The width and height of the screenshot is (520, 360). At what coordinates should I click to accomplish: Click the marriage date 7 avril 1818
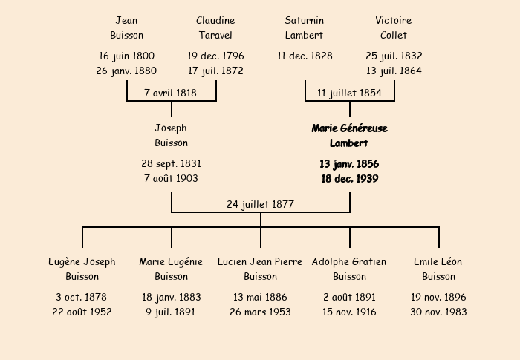point(170,93)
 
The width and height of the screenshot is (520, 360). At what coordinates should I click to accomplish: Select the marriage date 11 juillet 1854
point(349,93)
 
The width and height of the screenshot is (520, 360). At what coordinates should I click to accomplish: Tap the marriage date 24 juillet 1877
point(260,205)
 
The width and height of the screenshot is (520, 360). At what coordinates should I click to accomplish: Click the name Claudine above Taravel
point(215,21)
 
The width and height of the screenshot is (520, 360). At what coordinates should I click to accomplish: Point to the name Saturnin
point(305,21)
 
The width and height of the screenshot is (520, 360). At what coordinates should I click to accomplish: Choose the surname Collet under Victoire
point(394,35)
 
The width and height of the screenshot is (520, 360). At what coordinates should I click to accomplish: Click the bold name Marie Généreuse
point(350,128)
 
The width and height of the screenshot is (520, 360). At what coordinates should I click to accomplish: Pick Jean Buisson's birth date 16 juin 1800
point(126,56)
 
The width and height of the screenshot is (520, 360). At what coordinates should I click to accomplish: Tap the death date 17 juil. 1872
point(215,71)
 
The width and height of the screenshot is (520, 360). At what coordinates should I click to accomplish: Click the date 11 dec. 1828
point(305,56)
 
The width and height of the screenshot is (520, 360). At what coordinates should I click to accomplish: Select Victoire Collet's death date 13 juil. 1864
point(394,71)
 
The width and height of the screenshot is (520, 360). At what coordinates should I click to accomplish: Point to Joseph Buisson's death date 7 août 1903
point(171,179)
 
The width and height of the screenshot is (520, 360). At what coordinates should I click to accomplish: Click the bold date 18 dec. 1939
point(350,179)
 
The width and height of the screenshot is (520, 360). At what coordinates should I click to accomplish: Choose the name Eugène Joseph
point(82,262)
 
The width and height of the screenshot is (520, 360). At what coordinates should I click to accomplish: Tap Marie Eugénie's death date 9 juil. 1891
point(170,312)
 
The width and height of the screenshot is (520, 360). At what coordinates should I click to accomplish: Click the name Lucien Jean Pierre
point(260,262)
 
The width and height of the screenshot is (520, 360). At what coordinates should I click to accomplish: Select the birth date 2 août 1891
point(350,298)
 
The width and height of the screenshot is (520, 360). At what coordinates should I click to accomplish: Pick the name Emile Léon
point(438,262)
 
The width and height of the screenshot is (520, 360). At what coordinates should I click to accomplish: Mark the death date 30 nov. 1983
point(438,312)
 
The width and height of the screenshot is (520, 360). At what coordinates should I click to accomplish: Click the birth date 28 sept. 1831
point(171,164)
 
